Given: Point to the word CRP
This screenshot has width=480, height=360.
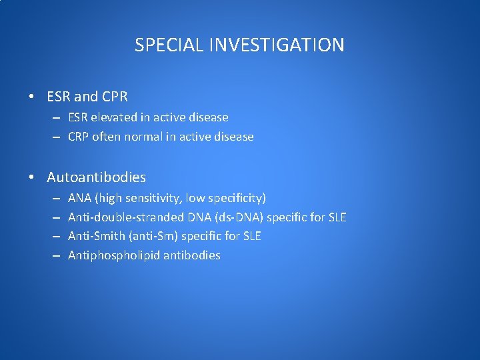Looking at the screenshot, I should point(79,137).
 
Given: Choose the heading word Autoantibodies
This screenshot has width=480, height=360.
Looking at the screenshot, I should point(96,177).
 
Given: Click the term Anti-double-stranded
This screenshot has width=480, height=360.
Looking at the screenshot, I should point(125,217).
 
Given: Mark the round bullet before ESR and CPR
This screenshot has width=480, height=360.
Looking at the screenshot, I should point(32,97).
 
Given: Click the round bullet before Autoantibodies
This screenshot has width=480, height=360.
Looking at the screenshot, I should point(32,178).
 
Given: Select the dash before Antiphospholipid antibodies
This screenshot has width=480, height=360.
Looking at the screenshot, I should point(58,256).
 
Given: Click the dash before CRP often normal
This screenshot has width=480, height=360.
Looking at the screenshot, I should point(58,137).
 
